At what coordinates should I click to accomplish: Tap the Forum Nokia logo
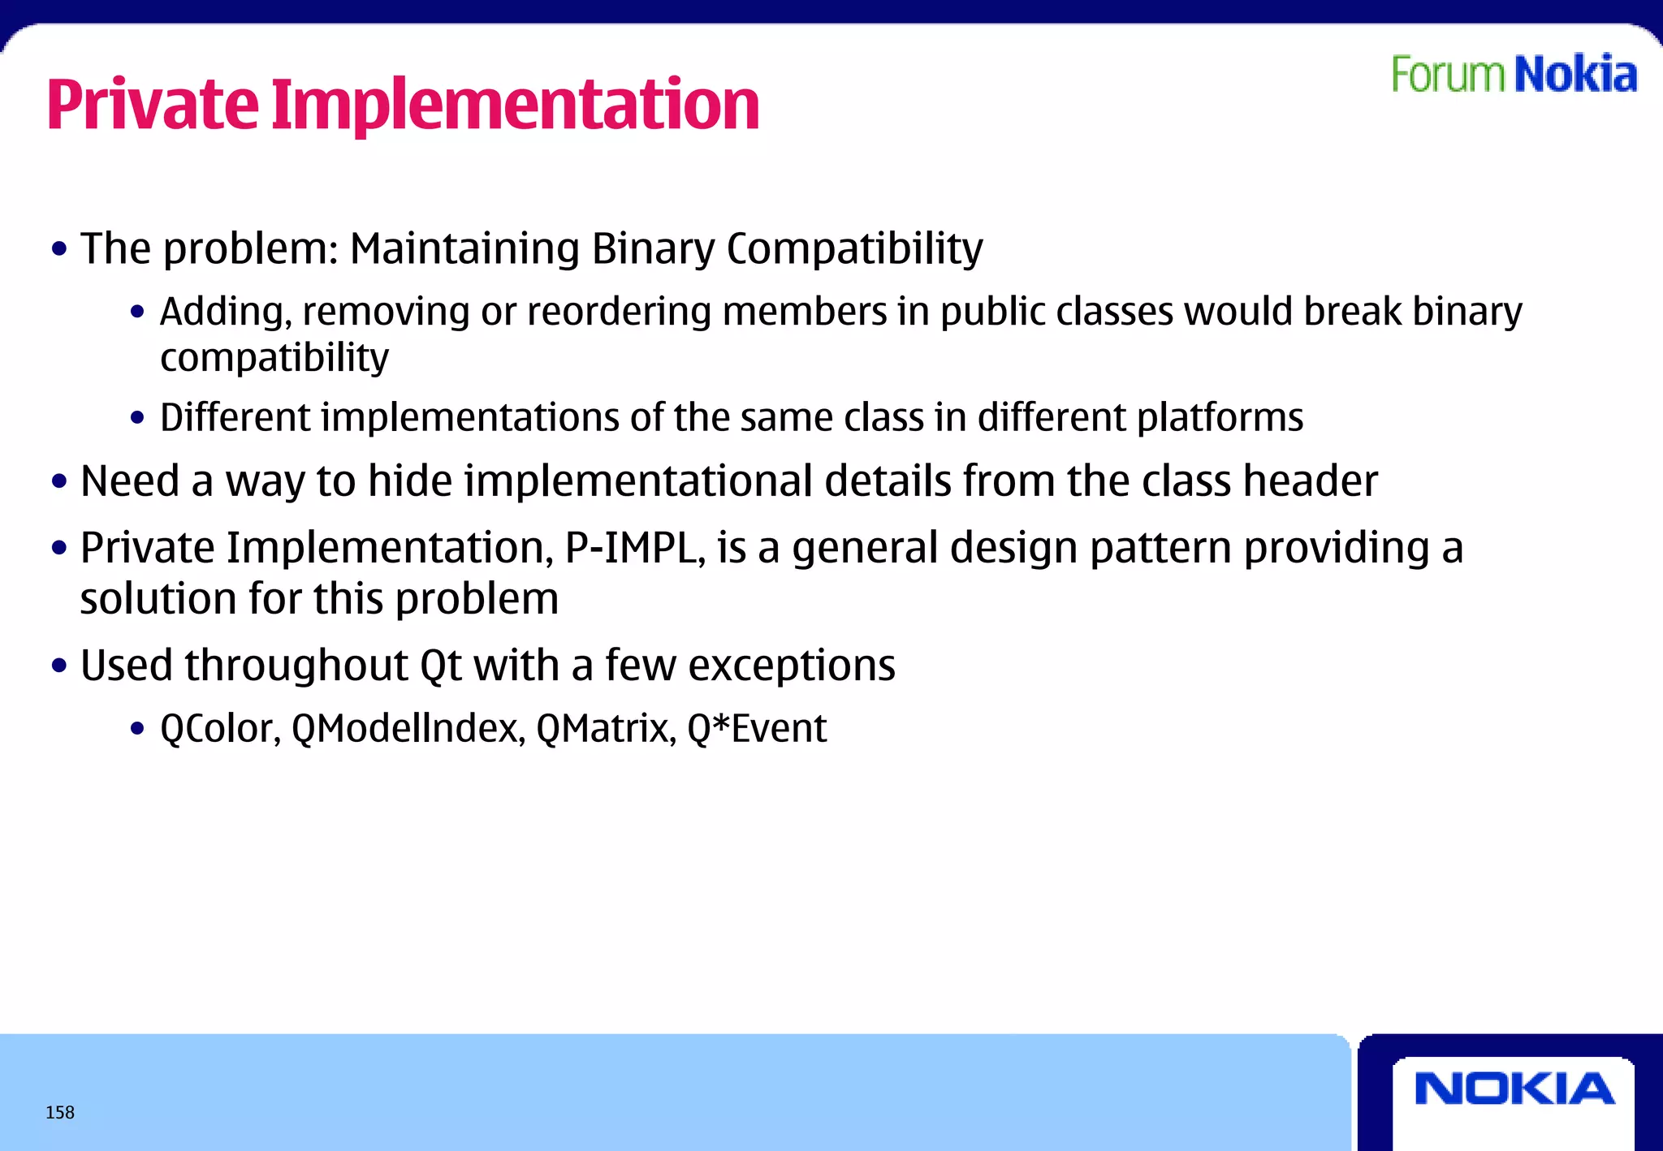click(x=1514, y=75)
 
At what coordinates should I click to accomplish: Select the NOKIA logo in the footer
click(x=1514, y=1089)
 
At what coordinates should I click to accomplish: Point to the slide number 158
click(x=60, y=1112)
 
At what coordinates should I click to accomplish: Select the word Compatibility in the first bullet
click(x=854, y=248)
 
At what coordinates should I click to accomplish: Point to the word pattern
click(x=1161, y=549)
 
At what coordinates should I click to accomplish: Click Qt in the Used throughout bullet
click(x=440, y=666)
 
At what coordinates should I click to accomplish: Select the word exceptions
click(x=792, y=666)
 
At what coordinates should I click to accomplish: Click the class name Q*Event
click(x=756, y=728)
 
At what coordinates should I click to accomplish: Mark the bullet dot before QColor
click(x=137, y=729)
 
